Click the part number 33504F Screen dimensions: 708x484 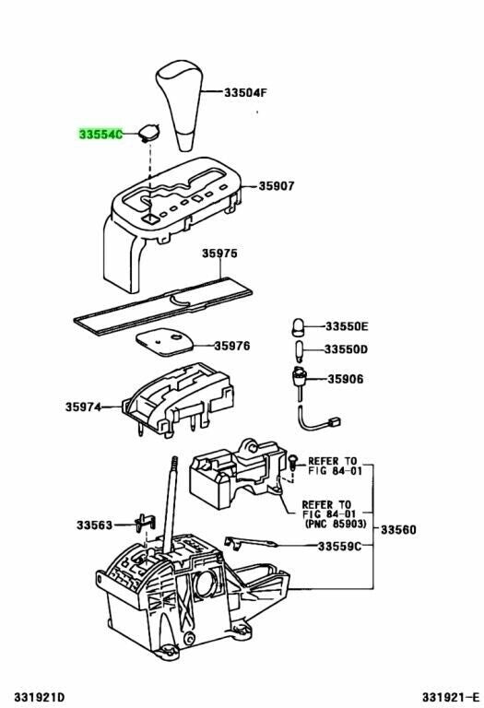pos(247,92)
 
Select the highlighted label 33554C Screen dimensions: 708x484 pos(100,135)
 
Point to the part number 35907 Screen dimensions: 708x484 pos(276,185)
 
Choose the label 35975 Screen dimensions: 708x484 pos(220,254)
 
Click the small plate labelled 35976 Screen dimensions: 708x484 pos(167,340)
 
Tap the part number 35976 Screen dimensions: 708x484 pos(232,346)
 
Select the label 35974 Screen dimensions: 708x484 pos(83,407)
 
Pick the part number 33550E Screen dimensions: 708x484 pos(346,326)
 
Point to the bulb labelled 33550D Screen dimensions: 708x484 pos(300,351)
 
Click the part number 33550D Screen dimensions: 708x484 pos(346,350)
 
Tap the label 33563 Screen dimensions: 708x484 pos(94,525)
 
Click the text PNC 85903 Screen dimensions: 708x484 pos(335,524)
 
